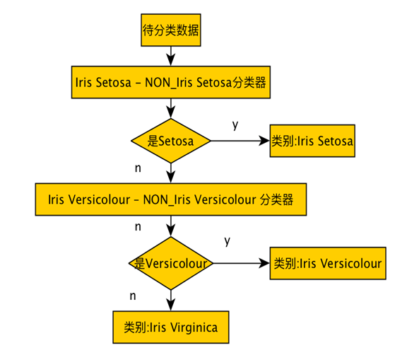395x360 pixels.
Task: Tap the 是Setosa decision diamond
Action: (x=170, y=141)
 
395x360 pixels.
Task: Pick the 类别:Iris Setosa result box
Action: (x=312, y=141)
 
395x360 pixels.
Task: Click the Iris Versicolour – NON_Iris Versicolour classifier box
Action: (x=170, y=200)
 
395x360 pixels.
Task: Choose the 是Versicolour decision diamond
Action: (x=171, y=263)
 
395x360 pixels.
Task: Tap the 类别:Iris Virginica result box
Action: (x=170, y=328)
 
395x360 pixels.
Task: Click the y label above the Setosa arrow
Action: (x=235, y=124)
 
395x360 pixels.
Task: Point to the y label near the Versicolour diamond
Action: (x=228, y=241)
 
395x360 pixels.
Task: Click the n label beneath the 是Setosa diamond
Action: (x=137, y=168)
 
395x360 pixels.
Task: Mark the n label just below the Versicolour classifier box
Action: (x=137, y=227)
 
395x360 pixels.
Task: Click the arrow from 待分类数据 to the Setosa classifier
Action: (x=170, y=56)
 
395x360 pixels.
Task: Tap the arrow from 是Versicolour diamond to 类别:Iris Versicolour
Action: (x=242, y=263)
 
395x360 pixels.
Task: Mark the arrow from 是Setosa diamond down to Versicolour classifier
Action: (x=170, y=173)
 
